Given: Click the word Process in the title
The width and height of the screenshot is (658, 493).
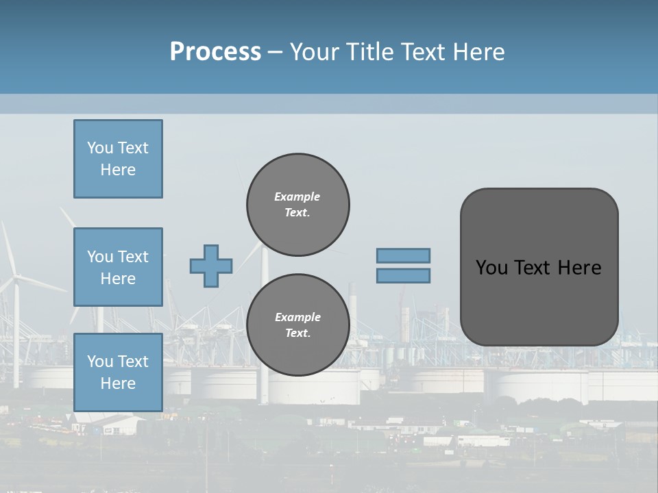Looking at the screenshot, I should pos(215,52).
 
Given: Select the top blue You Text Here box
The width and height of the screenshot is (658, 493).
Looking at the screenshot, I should pos(118,159).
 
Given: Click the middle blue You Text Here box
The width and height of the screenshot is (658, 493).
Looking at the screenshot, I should pos(118,267).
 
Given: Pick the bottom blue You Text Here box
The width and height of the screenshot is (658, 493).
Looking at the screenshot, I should pos(118,372).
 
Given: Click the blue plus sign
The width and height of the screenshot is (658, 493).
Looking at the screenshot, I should pos(211,266).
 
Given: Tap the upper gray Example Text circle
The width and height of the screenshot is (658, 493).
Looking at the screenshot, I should pos(297,204).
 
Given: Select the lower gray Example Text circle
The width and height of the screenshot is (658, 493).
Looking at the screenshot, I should pos(297,325).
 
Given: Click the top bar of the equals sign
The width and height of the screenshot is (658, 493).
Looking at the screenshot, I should pos(403,255).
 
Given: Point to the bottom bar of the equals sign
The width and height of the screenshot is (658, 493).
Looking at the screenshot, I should pos(403,275).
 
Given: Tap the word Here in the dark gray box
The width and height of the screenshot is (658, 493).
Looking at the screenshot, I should pos(579,268).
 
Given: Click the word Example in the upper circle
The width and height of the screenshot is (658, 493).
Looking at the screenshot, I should pos(297,197).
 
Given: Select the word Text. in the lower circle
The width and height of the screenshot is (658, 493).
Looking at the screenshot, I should pos(297,333).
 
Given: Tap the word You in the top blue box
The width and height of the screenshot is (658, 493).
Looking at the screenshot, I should pos(100,148).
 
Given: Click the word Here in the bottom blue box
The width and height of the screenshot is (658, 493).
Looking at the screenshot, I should pos(118,383).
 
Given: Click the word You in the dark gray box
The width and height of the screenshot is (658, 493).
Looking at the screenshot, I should pos(491,268).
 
